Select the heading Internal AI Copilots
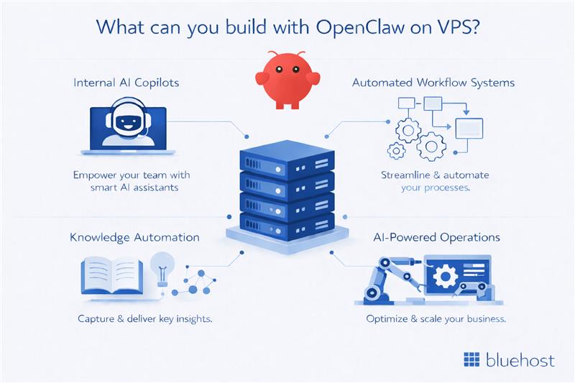126,83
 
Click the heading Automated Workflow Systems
433,83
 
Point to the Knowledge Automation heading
134,237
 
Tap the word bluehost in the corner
518,359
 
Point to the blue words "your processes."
436,188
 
